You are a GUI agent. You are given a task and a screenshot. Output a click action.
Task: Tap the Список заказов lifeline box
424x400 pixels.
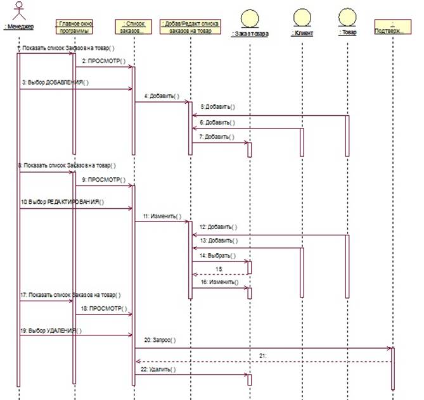point(134,27)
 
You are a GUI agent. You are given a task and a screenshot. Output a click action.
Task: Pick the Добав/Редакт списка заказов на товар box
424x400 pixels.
point(190,27)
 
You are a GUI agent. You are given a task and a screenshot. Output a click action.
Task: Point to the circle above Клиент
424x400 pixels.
point(302,16)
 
